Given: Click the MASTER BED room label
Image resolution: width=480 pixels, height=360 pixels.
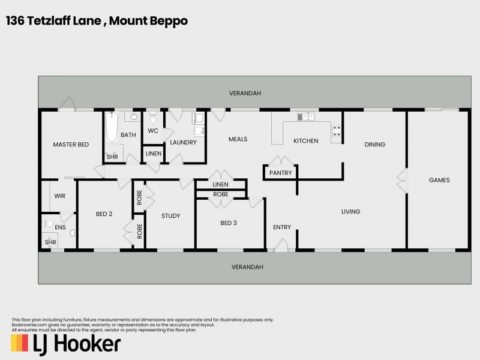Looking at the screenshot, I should tap(71, 145).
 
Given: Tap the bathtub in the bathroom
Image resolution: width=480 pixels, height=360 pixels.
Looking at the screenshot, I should tap(112, 127).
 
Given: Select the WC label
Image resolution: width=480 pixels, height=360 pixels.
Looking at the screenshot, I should tap(153, 131).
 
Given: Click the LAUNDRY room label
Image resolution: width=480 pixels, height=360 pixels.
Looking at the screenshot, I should tap(183, 143).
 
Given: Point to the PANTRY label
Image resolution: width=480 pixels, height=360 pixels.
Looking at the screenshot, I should tap(280, 173).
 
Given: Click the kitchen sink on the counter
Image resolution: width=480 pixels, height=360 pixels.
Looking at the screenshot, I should tap(307, 116).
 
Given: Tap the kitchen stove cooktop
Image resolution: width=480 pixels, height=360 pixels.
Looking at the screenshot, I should tap(337, 131).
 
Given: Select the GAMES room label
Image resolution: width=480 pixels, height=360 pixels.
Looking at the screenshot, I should tap(439, 180).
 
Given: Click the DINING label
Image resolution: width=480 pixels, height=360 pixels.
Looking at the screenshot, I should tap(375, 145).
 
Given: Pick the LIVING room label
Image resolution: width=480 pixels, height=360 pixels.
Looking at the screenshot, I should tap(350, 212).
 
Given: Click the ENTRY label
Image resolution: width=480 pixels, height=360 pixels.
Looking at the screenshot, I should tap(282, 227).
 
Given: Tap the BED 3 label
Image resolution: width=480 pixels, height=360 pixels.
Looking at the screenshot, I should tap(229, 223).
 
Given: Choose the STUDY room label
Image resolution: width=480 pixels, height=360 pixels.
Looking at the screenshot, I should tap(171, 216).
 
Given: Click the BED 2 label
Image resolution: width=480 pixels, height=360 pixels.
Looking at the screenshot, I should tap(104, 214).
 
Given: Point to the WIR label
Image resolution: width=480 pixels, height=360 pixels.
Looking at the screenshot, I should tap(59, 196).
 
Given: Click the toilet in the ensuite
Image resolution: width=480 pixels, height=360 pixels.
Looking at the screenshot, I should tap(47, 225).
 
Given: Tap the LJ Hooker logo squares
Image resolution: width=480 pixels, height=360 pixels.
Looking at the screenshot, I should tap(19, 343).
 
